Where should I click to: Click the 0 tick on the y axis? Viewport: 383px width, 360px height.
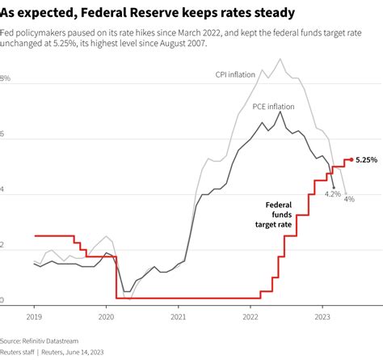click(2, 300)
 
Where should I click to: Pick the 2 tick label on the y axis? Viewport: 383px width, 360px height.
click(2, 245)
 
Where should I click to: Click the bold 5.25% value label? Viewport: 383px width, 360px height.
click(367, 160)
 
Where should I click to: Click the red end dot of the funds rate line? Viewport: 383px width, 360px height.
click(350, 159)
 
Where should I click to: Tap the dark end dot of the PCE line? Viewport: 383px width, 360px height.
click(333, 187)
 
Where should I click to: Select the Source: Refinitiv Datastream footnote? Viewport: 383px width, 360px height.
click(44, 341)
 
